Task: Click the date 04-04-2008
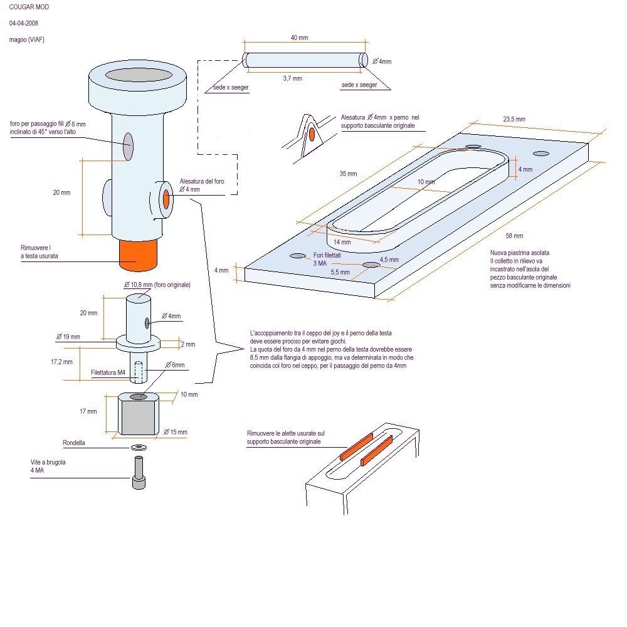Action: [24, 23]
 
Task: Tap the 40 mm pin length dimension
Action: [299, 38]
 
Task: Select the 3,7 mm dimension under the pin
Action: [292, 79]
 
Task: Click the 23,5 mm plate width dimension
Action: [514, 119]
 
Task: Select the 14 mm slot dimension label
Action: [342, 241]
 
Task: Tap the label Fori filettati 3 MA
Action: [324, 260]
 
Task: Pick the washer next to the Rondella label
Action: [137, 447]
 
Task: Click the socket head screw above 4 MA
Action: [138, 473]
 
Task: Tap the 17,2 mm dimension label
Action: [63, 361]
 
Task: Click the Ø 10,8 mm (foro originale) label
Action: [161, 285]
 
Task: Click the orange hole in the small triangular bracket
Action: [311, 134]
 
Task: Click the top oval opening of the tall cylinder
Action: [139, 75]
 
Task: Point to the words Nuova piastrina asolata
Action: [520, 253]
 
